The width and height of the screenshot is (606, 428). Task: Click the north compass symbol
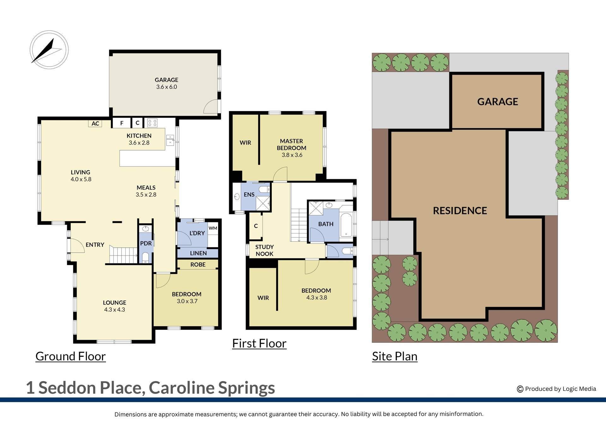[x=49, y=50]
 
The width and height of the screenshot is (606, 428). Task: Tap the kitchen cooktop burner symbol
[x=152, y=123]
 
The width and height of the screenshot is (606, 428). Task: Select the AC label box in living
[x=95, y=124]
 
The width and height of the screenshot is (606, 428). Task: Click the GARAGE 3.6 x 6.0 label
[x=166, y=83]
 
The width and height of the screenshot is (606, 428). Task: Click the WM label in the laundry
[x=213, y=228]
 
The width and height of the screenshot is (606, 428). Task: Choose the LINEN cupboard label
[x=198, y=253]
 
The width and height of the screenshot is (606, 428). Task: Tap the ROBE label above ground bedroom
[x=198, y=265]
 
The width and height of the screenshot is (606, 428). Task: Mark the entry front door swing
[x=77, y=246]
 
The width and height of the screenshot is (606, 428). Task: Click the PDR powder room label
[x=146, y=243]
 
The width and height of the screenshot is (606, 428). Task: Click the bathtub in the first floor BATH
[x=346, y=225]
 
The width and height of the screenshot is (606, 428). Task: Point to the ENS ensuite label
[x=249, y=195]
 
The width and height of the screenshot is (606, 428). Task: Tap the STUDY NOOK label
[x=264, y=250]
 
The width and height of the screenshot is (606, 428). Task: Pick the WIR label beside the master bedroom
[x=245, y=143]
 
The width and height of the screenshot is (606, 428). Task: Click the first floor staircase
[x=299, y=225]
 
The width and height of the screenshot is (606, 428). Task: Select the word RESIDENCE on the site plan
[x=460, y=211]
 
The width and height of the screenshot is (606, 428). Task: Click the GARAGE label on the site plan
[x=497, y=102]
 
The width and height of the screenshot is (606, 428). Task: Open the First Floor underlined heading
[x=259, y=343]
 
